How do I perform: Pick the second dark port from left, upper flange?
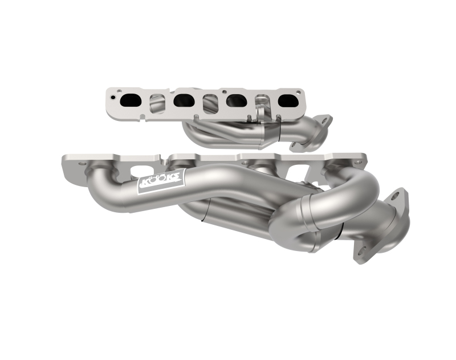[184, 100]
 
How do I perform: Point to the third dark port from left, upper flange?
[236, 102]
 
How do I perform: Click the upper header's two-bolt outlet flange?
[312, 133]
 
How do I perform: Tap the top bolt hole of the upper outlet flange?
[325, 120]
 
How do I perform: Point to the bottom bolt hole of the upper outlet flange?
[295, 147]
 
